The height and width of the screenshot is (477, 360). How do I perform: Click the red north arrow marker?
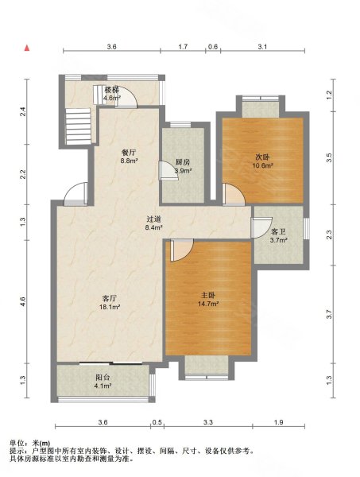[x=27, y=48]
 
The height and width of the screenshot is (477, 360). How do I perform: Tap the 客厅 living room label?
[x=110, y=298]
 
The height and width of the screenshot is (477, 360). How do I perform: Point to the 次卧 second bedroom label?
[x=262, y=157]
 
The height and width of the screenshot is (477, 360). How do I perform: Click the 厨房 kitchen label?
[x=183, y=162]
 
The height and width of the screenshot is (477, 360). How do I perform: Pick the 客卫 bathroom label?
[x=278, y=232]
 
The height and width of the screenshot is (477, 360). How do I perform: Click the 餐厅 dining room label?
[x=129, y=153]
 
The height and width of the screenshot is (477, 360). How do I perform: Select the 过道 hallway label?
[x=154, y=219]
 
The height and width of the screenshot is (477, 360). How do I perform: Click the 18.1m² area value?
[x=110, y=307]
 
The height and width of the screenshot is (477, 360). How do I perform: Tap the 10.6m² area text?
[x=262, y=166]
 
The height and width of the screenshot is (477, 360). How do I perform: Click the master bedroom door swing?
[x=182, y=250]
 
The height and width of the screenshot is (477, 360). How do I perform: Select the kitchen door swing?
[x=168, y=170]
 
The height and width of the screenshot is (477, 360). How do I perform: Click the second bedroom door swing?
[x=234, y=195]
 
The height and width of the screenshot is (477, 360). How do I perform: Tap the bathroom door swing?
[x=261, y=227]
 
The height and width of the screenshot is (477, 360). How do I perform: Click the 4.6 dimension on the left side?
[x=23, y=301]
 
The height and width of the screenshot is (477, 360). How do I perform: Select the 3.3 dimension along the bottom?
[x=208, y=422]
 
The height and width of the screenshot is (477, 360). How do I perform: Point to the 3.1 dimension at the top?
[x=262, y=47]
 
